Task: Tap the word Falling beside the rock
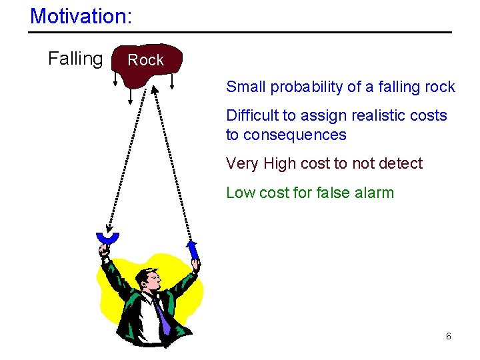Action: [75, 59]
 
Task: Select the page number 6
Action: [449, 336]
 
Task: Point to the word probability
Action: [306, 87]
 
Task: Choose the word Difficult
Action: [253, 115]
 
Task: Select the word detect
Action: [401, 163]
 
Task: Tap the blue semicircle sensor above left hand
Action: [107, 238]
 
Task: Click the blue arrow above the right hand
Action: [193, 250]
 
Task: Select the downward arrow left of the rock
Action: [116, 78]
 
